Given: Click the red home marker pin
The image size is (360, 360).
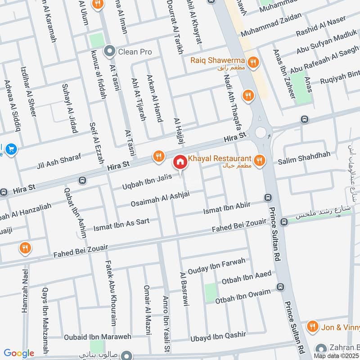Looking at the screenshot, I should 180,162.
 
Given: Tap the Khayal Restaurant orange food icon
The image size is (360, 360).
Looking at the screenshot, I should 259,159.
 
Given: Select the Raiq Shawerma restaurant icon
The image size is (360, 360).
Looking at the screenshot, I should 254,62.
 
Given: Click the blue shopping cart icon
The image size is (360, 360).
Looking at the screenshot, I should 11,149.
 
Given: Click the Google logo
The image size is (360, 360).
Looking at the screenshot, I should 19,353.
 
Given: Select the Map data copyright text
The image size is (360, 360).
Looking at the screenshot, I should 335,356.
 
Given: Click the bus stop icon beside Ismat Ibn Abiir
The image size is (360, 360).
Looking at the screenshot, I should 268,198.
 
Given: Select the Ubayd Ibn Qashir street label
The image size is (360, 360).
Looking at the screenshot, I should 218,335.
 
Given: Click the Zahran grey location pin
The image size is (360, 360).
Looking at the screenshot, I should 321,348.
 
